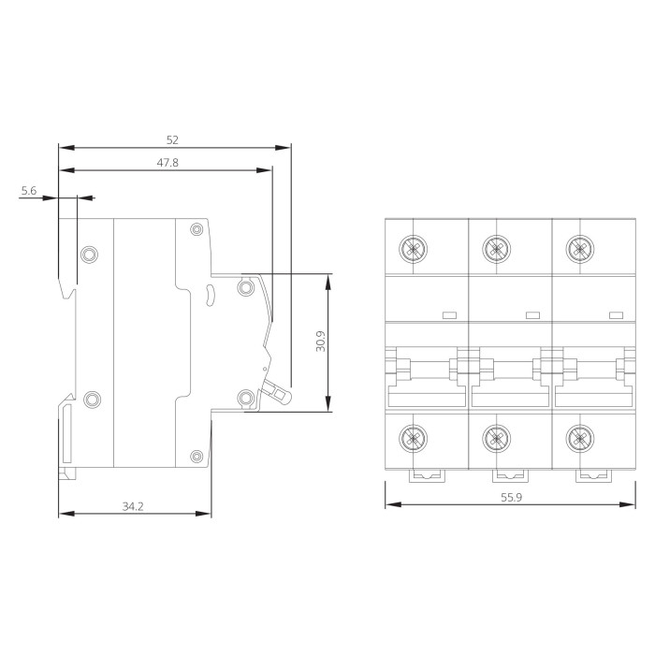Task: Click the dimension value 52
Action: pyautogui.click(x=172, y=140)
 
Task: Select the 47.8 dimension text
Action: pyautogui.click(x=167, y=163)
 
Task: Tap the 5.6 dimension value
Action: pyautogui.click(x=29, y=191)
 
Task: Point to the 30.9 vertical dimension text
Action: pyautogui.click(x=320, y=342)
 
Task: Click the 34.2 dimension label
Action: pyautogui.click(x=133, y=507)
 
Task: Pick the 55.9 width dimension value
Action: pyautogui.click(x=511, y=498)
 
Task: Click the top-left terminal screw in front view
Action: pyautogui.click(x=413, y=250)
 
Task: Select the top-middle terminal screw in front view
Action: pyautogui.click(x=496, y=250)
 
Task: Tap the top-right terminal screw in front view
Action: pyautogui.click(x=580, y=250)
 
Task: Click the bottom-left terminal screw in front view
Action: pyautogui.click(x=413, y=438)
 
